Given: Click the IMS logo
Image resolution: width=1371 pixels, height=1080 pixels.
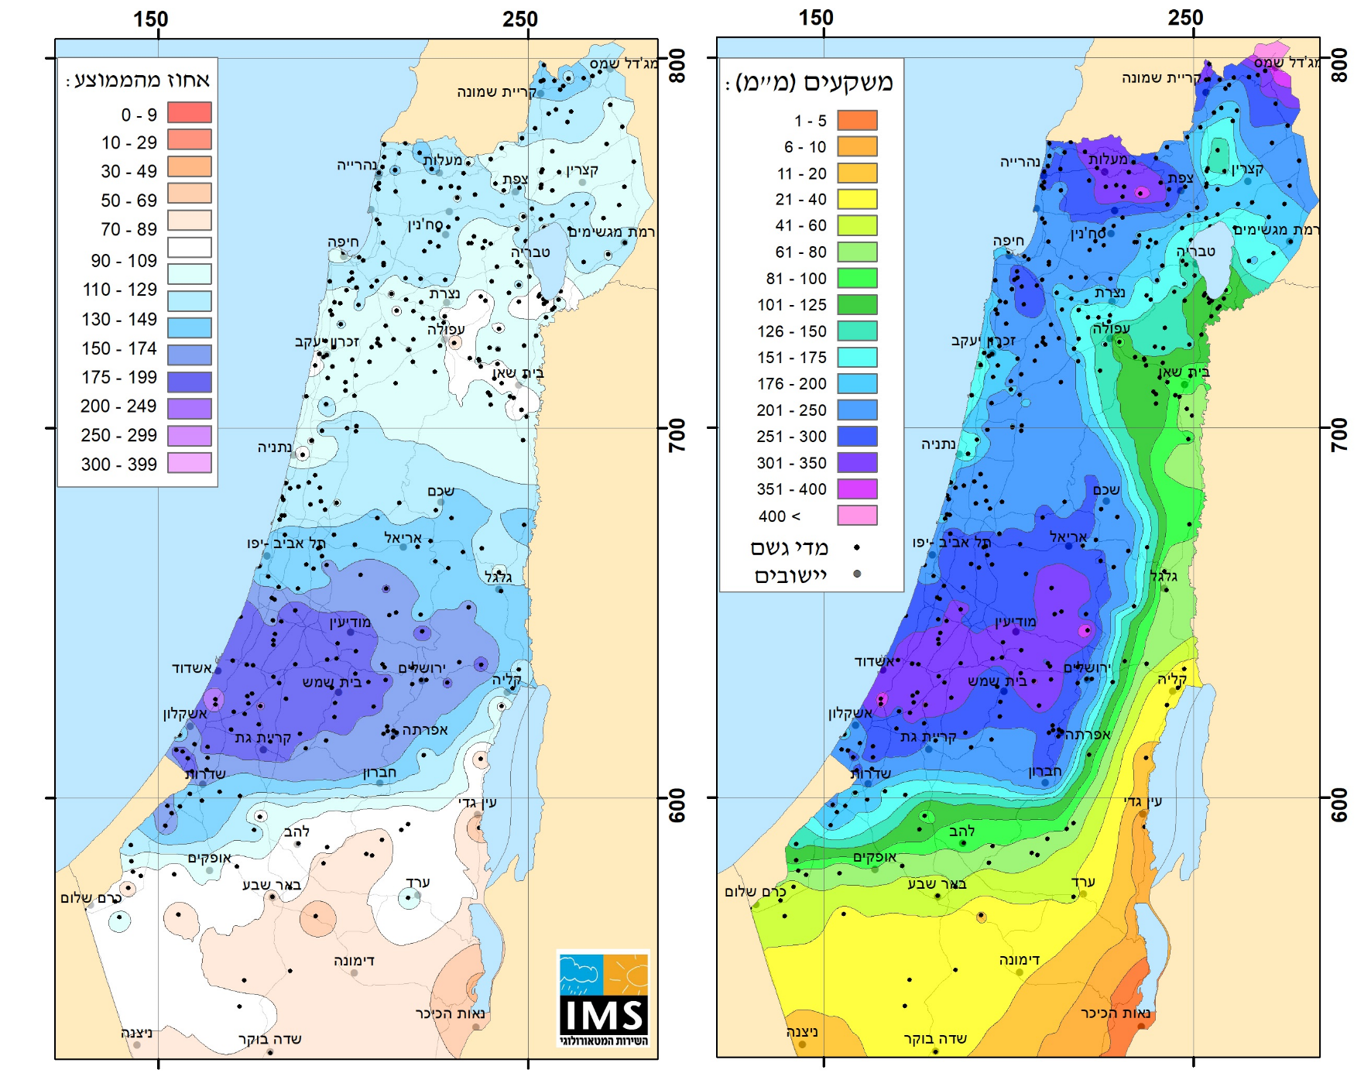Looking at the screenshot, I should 603,999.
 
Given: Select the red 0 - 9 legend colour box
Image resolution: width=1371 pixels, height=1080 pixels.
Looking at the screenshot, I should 190,112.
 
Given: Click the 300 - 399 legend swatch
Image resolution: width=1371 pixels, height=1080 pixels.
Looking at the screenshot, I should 190,463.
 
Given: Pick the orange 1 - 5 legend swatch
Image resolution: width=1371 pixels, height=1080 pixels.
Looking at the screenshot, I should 857,120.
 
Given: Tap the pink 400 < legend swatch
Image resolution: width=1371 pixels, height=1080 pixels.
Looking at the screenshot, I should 857,516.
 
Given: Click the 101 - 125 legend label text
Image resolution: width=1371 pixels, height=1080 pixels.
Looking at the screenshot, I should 791,305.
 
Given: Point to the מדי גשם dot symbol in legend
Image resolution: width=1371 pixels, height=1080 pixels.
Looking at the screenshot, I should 856,547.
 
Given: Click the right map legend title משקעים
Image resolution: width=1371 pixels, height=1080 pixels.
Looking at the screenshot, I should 814,82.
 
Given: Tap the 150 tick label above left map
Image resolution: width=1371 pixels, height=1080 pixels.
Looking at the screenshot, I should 150,19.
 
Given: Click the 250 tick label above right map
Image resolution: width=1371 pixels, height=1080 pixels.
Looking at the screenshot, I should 1185,17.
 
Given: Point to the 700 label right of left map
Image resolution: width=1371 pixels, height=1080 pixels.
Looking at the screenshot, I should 677,435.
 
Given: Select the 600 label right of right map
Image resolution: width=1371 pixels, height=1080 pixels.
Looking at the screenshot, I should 1339,805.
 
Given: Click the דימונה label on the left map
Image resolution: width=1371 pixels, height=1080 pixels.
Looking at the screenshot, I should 354,960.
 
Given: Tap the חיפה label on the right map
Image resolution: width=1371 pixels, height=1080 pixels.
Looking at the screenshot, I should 1009,241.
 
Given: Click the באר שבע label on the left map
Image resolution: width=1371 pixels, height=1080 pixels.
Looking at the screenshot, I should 271,884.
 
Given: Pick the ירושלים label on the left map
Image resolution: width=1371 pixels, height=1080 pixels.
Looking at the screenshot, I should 422,667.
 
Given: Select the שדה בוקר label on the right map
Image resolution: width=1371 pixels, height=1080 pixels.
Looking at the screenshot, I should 935,1038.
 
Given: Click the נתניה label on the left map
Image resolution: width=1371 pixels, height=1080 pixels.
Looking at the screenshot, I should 275,447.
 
